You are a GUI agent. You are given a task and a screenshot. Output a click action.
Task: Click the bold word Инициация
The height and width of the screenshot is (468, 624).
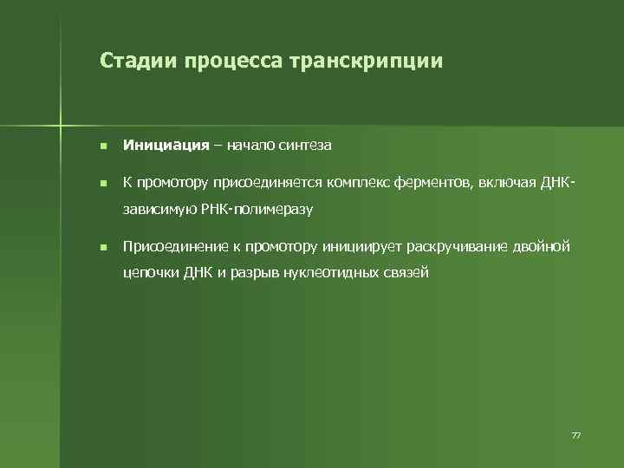166,146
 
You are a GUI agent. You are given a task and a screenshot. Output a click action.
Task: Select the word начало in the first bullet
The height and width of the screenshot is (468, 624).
251,146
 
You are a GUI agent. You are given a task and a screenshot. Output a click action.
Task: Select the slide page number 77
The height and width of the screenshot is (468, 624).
575,434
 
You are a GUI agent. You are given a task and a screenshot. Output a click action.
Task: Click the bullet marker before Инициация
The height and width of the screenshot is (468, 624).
102,146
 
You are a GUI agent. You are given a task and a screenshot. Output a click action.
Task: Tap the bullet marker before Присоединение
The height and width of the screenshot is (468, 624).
102,249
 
